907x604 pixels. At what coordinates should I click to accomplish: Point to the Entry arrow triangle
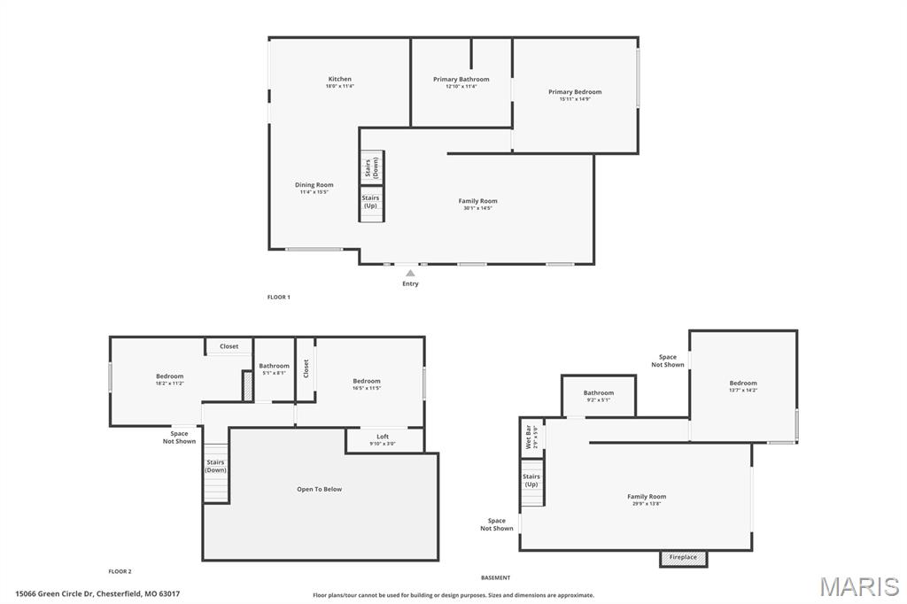[410, 273]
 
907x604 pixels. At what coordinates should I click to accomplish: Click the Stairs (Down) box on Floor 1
[371, 166]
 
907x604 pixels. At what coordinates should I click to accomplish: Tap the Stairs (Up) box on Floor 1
[371, 203]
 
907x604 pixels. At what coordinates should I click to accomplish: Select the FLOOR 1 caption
[278, 297]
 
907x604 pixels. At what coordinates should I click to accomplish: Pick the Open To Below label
[319, 489]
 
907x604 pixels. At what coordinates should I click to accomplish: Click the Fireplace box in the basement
[683, 558]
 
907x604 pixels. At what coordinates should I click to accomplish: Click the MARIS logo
[858, 586]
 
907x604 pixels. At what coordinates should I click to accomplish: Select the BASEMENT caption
[495, 577]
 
